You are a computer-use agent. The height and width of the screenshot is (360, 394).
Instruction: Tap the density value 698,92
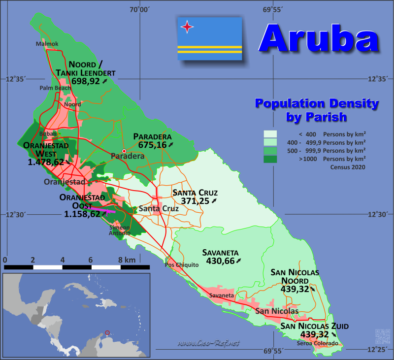pos(86,81)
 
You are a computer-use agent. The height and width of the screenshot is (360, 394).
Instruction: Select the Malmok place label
pos(47,44)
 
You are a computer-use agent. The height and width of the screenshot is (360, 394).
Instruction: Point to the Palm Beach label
pos(56,88)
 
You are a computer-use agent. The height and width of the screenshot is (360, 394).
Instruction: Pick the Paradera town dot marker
pos(124,151)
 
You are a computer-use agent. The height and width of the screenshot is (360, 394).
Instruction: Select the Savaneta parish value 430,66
pos(220,261)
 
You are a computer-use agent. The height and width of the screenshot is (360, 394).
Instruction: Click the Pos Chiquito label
pos(182,264)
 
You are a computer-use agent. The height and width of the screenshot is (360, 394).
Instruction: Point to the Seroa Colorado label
pos(318,343)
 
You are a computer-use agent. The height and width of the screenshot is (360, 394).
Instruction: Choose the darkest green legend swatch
pos(270,159)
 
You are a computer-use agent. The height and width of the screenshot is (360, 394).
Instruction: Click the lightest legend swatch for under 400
pos(270,134)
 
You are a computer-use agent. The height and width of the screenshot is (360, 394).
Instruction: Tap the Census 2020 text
pos(348,167)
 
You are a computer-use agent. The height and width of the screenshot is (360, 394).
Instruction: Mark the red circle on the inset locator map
pos(108,333)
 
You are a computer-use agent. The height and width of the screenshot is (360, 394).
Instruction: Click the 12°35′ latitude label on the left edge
pos(15,78)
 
